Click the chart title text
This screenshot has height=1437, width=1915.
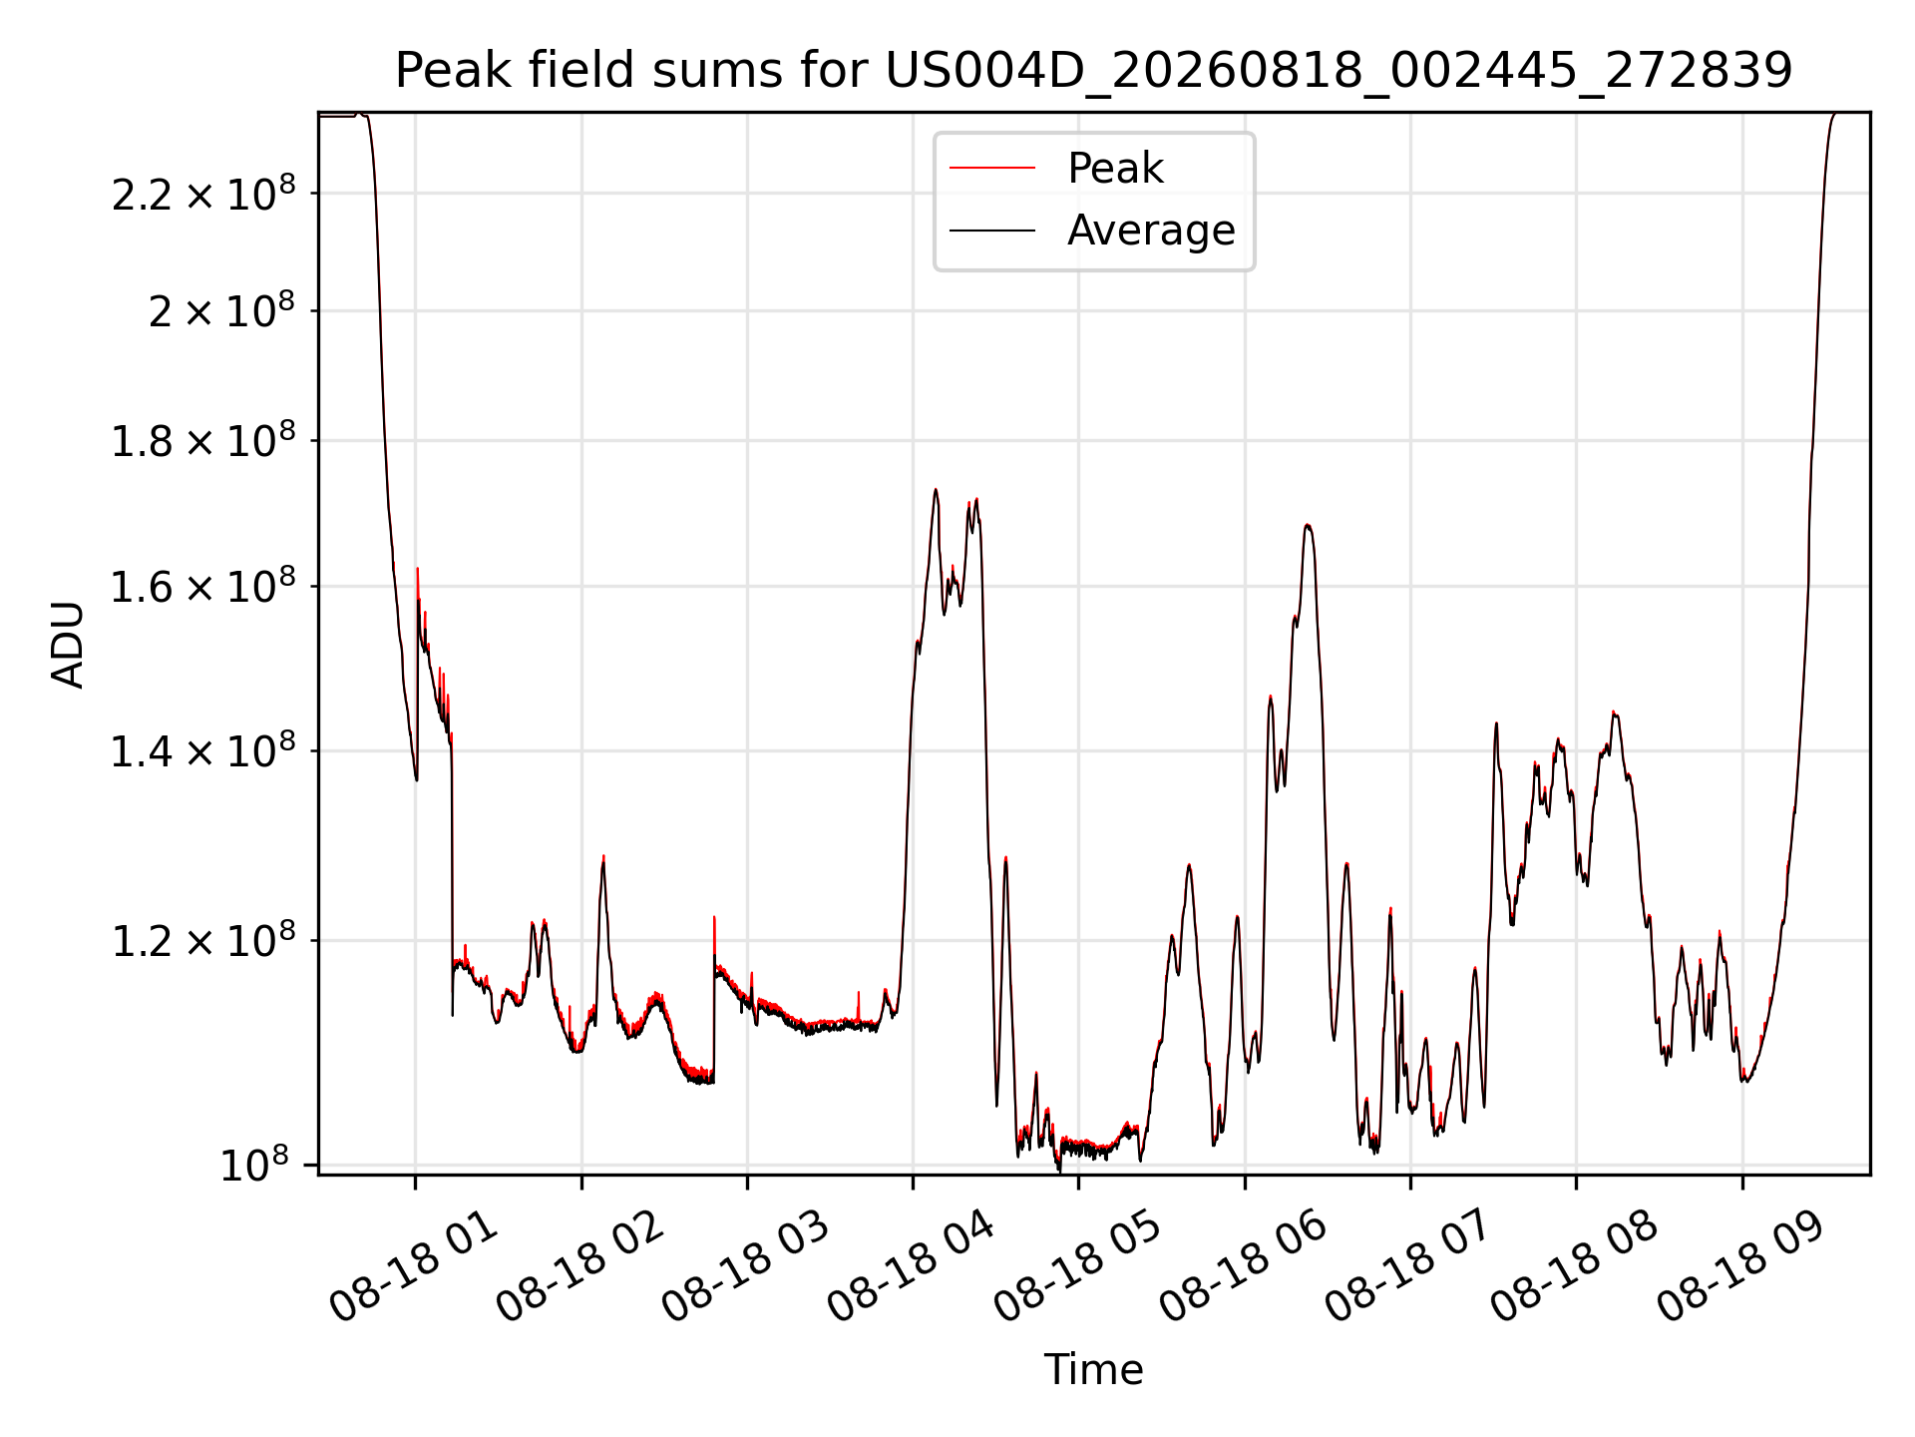point(1094,70)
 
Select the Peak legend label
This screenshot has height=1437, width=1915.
point(1115,168)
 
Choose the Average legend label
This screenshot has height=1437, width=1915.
point(1151,231)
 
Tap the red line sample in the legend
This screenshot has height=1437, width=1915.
point(992,169)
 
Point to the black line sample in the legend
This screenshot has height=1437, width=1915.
point(992,231)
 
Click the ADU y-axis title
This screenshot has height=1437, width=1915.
point(68,645)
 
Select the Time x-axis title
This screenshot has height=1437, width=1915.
point(1093,1369)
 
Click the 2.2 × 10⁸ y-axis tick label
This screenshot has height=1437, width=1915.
point(203,193)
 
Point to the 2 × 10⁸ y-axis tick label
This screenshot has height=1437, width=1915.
point(221,310)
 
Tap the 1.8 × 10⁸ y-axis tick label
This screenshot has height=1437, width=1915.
point(203,440)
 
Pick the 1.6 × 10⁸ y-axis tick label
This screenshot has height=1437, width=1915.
point(203,587)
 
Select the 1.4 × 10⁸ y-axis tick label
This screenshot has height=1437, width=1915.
point(203,750)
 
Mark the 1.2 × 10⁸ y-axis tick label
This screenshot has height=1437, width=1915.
point(203,940)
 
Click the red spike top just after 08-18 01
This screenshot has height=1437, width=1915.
point(417,568)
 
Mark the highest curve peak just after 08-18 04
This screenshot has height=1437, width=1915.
point(936,489)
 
